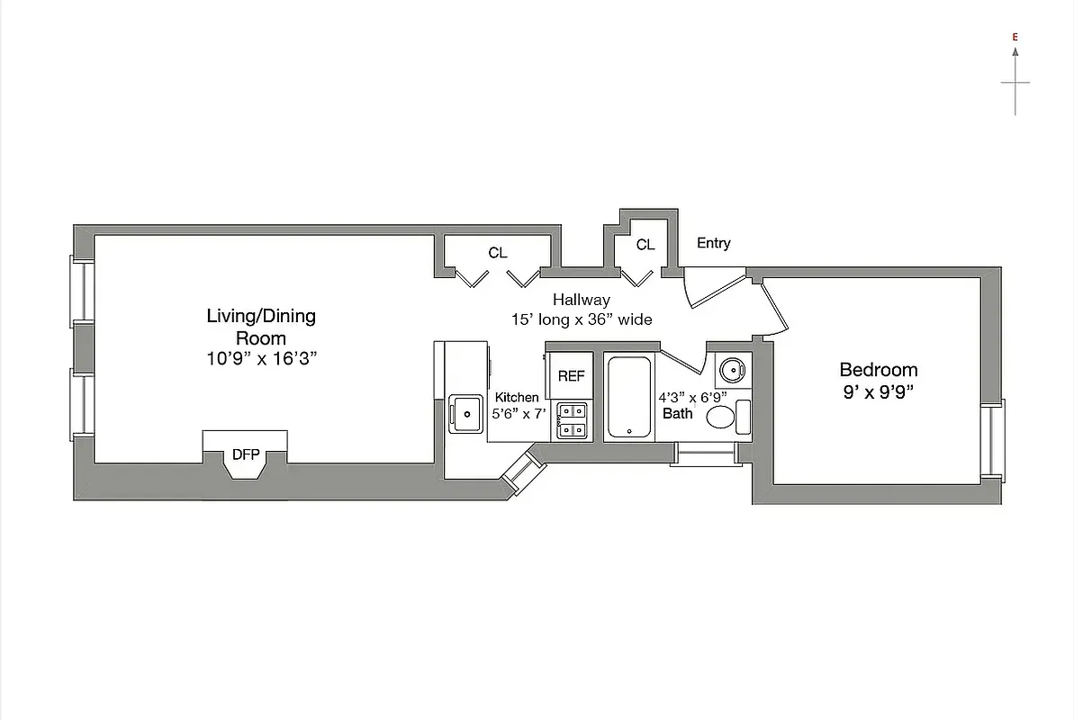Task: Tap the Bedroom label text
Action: tap(878, 369)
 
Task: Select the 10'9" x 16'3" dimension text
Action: tap(261, 358)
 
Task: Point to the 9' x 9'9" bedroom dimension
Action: tap(878, 392)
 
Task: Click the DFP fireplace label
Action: tap(245, 454)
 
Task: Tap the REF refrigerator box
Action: tap(571, 376)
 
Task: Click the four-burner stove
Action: tap(571, 420)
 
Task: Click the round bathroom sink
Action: tap(730, 368)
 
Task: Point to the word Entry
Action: tap(713, 243)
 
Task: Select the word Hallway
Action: tap(581, 300)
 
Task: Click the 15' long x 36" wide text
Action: tap(581, 319)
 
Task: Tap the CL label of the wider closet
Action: tap(497, 253)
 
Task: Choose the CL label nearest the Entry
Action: tap(645, 245)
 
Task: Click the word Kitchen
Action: tap(517, 397)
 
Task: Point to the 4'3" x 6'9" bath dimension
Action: tap(692, 397)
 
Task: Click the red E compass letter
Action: tap(1015, 37)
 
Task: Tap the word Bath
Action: tap(678, 414)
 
